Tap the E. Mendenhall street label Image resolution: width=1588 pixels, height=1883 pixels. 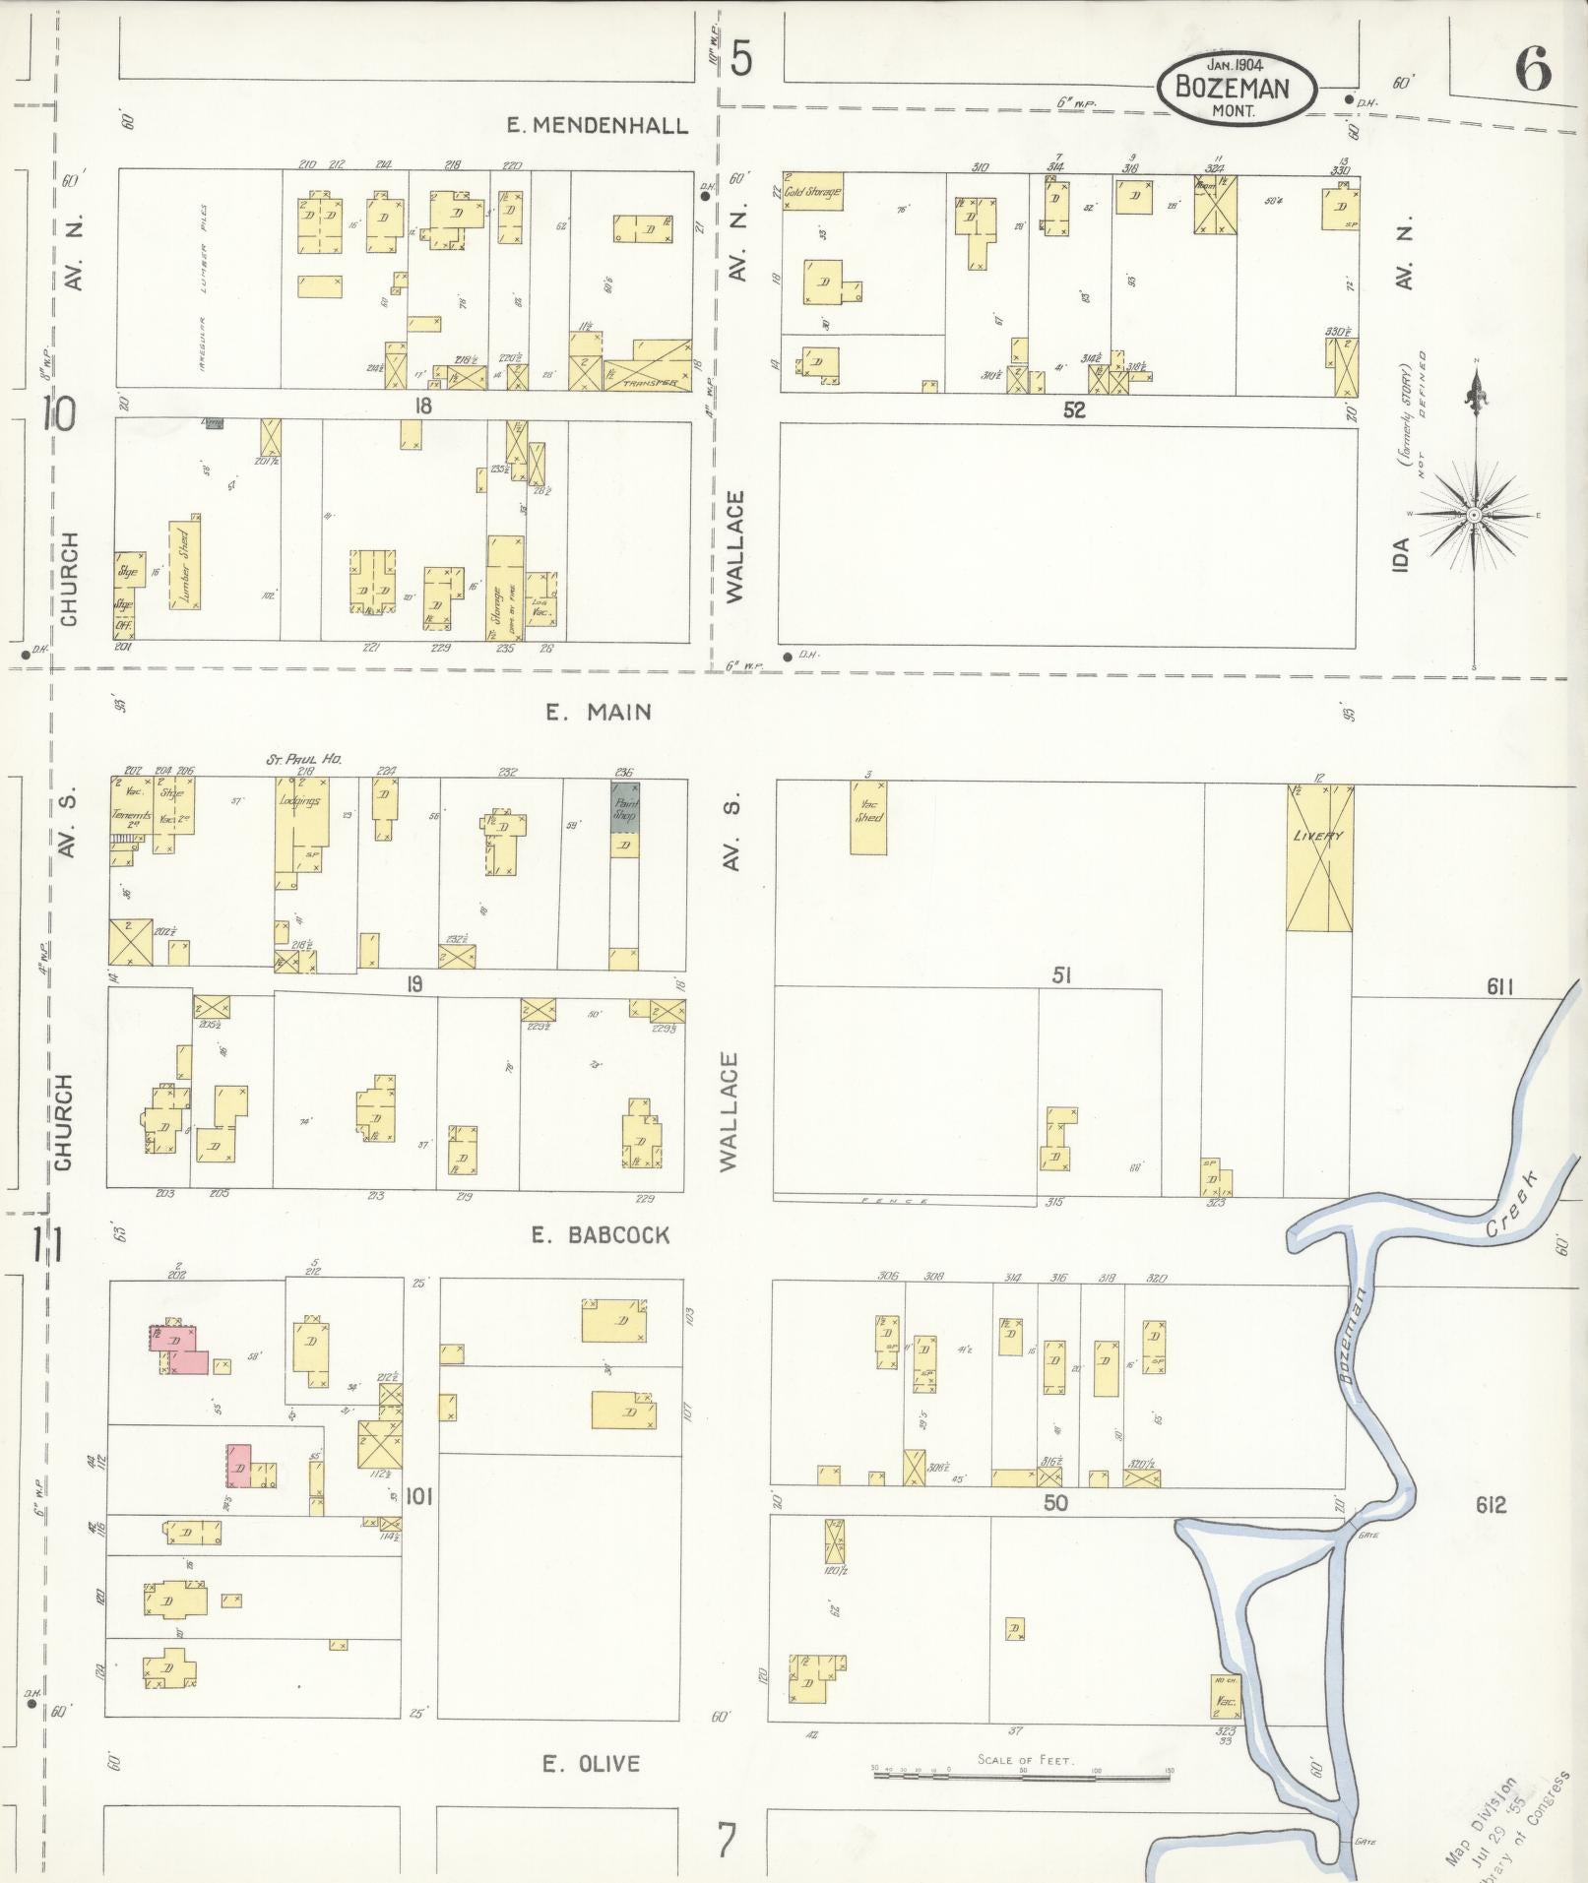tap(597, 125)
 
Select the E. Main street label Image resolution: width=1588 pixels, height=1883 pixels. tap(599, 712)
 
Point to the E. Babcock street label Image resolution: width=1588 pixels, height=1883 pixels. tap(600, 1234)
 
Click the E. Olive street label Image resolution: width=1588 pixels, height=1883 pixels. tap(591, 1764)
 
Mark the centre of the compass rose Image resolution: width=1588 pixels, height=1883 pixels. tap(1474, 516)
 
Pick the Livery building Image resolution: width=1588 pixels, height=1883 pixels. tap(1319, 857)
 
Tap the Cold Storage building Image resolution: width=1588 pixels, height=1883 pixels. tap(813, 192)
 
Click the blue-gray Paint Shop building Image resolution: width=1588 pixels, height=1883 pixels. tap(624, 808)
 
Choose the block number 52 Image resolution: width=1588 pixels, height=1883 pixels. tap(1073, 410)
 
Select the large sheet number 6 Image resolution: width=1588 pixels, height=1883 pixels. tap(1533, 71)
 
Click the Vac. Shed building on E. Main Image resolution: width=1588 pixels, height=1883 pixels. tap(868, 817)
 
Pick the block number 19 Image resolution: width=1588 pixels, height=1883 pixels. tap(414, 983)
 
